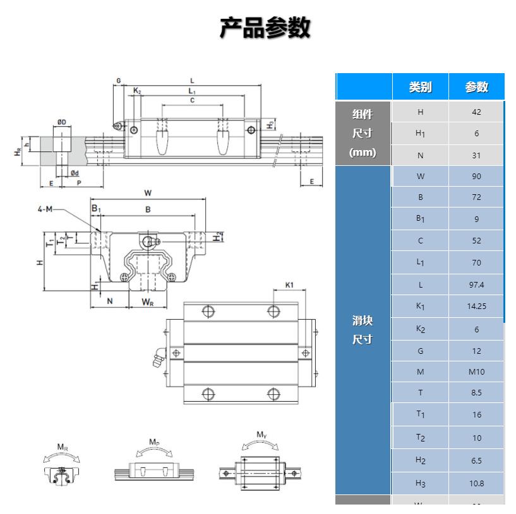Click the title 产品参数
click(x=265, y=28)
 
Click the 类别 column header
click(x=420, y=87)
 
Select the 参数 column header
click(x=477, y=87)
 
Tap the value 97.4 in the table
click(x=477, y=284)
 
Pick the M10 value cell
click(x=477, y=371)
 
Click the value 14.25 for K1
click(x=477, y=307)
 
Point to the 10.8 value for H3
click(x=477, y=483)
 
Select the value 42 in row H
click(x=477, y=112)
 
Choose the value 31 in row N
click(x=477, y=155)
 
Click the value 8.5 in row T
click(x=477, y=392)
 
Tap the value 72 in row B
click(x=477, y=197)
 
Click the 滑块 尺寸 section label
click(x=363, y=330)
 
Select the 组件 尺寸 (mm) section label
click(x=363, y=133)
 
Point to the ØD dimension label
click(x=62, y=122)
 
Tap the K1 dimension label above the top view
click(x=289, y=285)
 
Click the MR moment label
click(x=63, y=447)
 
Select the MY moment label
click(x=261, y=434)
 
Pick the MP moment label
click(x=155, y=441)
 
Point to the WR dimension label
click(x=147, y=301)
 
